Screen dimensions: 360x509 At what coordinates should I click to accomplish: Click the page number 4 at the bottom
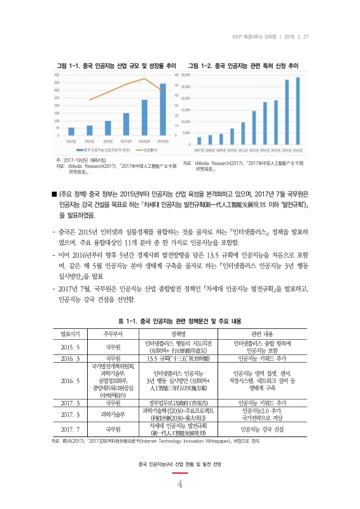(x=180, y=485)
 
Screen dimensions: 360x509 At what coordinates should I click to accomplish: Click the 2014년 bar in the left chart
(x=71, y=131)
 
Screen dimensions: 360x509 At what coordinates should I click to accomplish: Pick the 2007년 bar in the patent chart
(x=199, y=141)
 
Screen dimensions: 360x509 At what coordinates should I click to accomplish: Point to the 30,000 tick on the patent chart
(x=187, y=75)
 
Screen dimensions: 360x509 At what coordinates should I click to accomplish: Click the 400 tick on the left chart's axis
(x=58, y=75)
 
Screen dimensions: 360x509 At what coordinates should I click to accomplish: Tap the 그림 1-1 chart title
(x=117, y=66)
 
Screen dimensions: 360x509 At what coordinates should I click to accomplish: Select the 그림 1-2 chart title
(x=243, y=66)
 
